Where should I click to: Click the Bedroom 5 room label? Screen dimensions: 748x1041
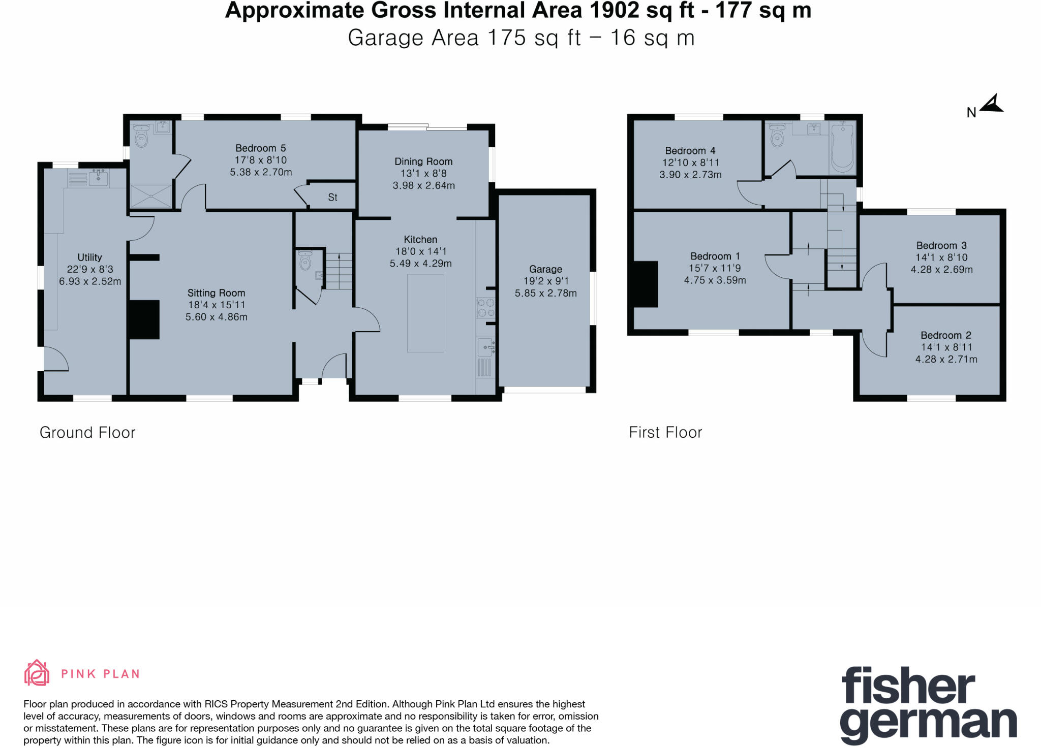[x=260, y=148]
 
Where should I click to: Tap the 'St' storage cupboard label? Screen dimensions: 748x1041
[x=332, y=198]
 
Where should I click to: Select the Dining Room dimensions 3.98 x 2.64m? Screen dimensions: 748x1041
[x=423, y=186]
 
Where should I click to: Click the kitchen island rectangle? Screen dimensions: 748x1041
[x=425, y=313]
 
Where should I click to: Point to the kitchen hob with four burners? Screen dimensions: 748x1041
[x=485, y=308]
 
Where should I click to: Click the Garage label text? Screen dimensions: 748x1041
[x=545, y=269]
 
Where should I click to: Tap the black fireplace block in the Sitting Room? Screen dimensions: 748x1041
[x=144, y=319]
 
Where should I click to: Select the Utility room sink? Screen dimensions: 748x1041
[x=98, y=178]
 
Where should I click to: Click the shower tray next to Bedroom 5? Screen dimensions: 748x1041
[x=151, y=196]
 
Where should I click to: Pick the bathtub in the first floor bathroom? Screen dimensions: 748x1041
[x=842, y=147]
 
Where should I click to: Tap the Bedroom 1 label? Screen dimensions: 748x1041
[x=715, y=256]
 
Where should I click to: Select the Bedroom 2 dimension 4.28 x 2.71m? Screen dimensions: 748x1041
[x=946, y=360]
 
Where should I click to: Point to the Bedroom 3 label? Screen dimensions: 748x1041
[x=941, y=246]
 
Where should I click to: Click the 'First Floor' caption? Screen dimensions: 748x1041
[x=665, y=433]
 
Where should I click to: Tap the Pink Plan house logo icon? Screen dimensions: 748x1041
[x=37, y=673]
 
